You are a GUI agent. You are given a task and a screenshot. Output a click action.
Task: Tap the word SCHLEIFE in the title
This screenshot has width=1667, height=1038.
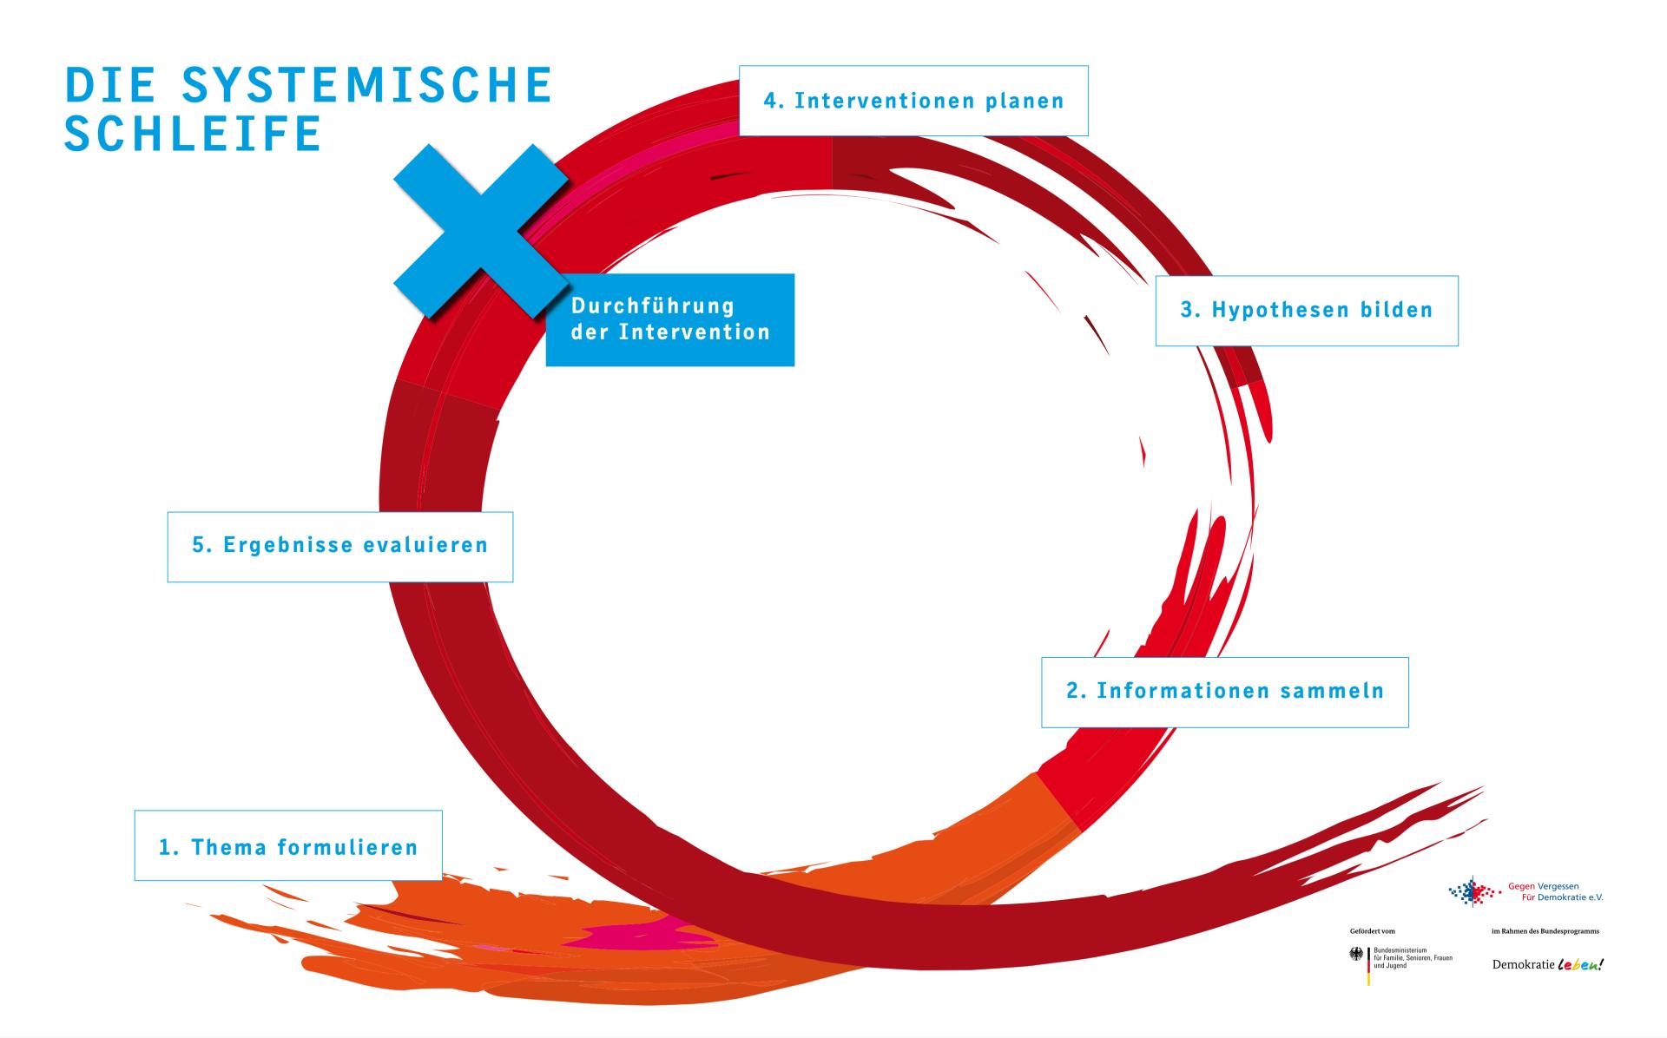[193, 135]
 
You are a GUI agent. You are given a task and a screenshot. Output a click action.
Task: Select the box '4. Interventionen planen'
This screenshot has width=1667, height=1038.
[913, 101]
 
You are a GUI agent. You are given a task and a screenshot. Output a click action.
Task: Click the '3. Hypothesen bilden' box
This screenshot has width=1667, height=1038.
[1306, 311]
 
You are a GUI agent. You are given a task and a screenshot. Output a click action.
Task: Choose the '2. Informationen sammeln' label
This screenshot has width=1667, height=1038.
[1224, 692]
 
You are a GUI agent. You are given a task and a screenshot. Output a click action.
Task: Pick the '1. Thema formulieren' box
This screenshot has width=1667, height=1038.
[287, 846]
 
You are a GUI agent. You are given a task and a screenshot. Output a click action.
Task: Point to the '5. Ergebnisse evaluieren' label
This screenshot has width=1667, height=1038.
[339, 546]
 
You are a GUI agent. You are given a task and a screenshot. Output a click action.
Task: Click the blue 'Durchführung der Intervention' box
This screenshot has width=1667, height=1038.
[669, 319]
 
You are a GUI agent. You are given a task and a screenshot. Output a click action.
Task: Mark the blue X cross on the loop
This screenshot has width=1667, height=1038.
[480, 231]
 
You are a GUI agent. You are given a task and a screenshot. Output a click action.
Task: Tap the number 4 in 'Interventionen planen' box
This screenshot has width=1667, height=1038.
[770, 101]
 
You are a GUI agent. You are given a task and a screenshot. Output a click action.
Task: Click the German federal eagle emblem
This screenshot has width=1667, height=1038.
[1356, 955]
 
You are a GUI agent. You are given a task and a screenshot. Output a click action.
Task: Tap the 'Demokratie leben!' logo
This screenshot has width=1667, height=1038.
[1547, 964]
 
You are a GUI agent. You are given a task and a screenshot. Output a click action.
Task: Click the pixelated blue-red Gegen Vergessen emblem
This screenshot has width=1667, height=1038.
[1474, 891]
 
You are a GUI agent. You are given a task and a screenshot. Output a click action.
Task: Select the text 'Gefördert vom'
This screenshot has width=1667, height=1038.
[1372, 931]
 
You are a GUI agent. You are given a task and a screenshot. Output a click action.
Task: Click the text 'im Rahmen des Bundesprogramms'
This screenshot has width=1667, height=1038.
[1545, 931]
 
